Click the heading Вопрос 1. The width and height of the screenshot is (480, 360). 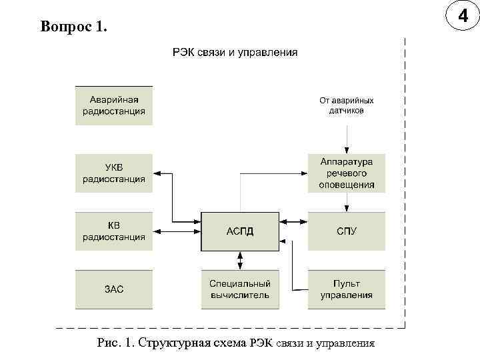73,27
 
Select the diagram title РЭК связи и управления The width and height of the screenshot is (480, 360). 235,51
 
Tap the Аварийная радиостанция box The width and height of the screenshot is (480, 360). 114,105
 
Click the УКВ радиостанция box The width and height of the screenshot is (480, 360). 114,173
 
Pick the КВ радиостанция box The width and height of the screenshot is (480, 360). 114,231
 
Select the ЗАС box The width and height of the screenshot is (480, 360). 114,289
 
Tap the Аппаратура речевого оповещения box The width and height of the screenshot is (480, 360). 347,173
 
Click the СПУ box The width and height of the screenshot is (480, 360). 347,231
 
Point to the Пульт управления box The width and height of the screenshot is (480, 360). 347,289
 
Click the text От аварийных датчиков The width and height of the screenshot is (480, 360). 347,105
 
